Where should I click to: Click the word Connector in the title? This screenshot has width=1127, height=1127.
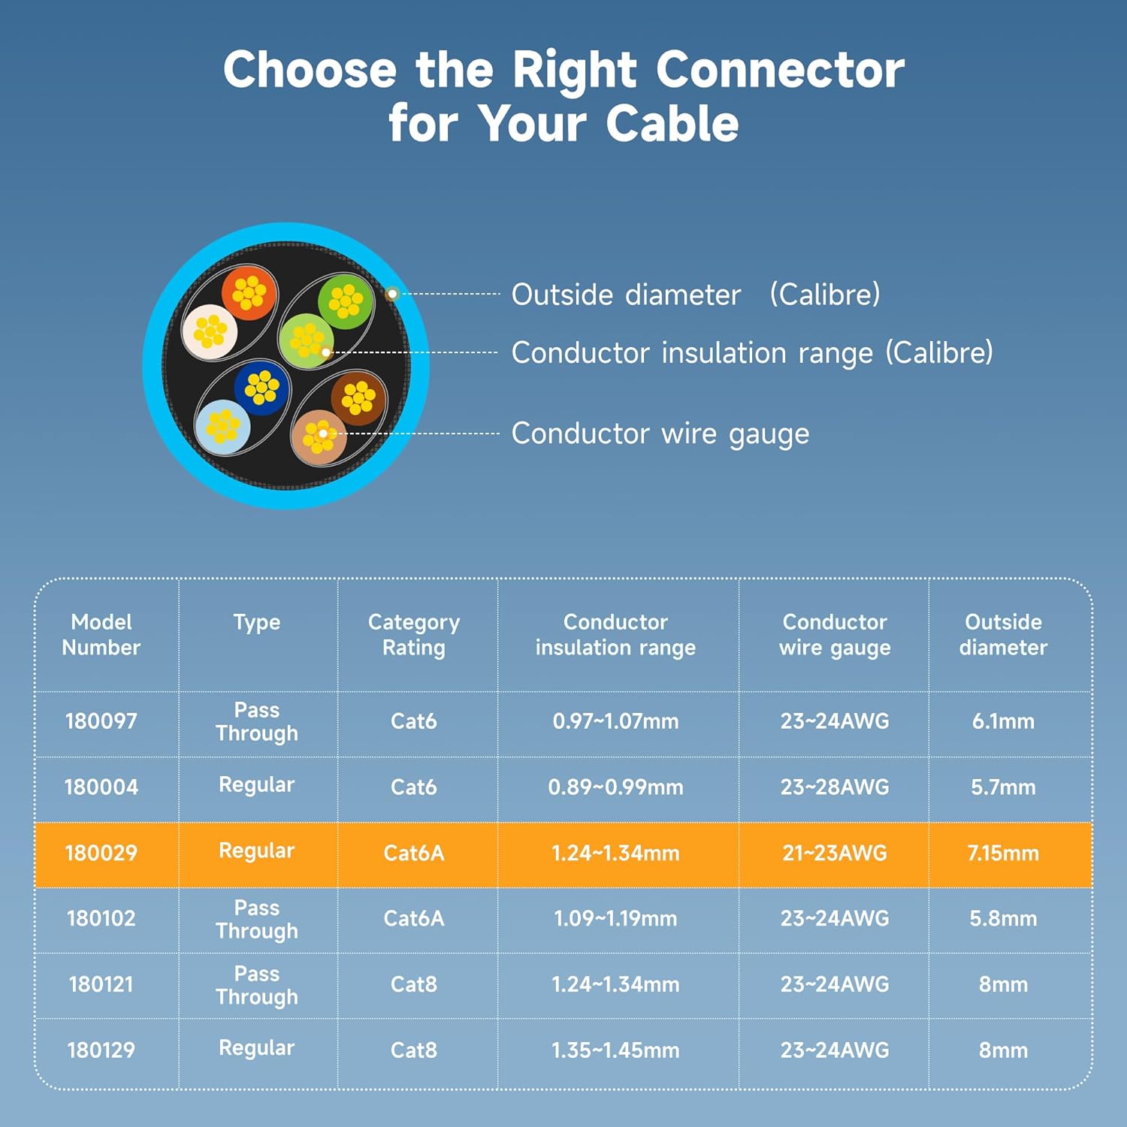[780, 70]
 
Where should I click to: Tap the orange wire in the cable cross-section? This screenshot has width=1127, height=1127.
[249, 293]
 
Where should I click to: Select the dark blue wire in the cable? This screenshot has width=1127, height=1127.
[261, 388]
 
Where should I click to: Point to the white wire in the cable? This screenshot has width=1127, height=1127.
[210, 331]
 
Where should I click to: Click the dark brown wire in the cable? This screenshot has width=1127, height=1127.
[358, 398]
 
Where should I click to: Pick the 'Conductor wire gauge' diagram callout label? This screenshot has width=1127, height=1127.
[660, 434]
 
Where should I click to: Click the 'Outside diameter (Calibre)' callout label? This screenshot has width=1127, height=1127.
[695, 295]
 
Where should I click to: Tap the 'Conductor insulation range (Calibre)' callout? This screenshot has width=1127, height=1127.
[751, 352]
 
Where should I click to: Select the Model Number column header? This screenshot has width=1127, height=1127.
[101, 635]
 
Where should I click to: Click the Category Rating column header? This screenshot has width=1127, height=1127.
[414, 635]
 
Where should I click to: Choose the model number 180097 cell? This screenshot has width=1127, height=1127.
[101, 721]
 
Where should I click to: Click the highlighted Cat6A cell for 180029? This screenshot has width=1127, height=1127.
[414, 853]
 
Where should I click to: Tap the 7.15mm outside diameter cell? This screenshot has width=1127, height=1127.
[1003, 853]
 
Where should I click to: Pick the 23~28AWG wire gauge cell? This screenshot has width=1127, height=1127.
[835, 787]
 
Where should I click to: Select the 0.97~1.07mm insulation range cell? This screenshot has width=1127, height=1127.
[615, 721]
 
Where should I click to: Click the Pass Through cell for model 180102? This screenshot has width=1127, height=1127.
[257, 919]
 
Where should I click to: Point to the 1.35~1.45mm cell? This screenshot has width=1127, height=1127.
[615, 1050]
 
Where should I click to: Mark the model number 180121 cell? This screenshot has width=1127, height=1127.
[101, 984]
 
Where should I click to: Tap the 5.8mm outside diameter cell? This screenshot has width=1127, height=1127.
[1003, 918]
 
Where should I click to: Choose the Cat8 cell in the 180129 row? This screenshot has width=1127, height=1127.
[414, 1050]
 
